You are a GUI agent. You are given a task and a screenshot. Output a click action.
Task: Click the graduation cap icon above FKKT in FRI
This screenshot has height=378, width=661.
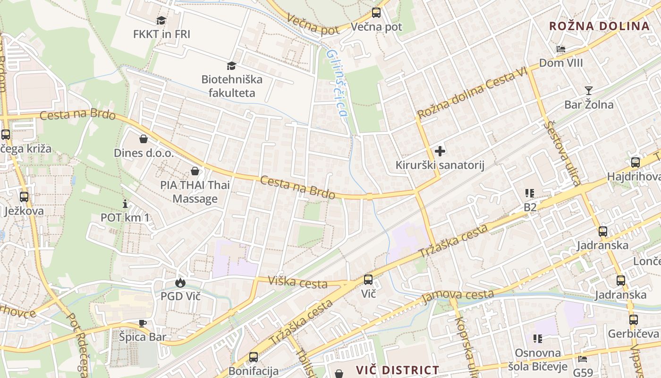pyautogui.click(x=161, y=20)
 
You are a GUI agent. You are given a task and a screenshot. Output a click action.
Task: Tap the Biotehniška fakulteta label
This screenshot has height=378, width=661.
pyautogui.click(x=232, y=86)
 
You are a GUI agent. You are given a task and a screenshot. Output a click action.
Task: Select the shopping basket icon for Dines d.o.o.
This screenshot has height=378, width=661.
pyautogui.click(x=144, y=139)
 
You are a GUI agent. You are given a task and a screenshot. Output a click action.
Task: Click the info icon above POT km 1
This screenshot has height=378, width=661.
pyautogui.click(x=125, y=204)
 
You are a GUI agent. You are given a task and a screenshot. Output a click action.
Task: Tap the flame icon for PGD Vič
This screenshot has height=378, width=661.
pyautogui.click(x=180, y=283)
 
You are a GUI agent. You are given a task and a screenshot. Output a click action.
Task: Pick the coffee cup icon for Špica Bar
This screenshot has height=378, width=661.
pyautogui.click(x=143, y=323)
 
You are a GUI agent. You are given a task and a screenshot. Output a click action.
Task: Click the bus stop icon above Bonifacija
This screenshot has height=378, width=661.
pyautogui.click(x=254, y=357)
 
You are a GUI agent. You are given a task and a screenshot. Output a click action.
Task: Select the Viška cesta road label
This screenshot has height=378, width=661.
pyautogui.click(x=297, y=282)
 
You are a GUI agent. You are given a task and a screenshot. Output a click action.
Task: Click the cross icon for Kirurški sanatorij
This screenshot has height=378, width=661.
pyautogui.click(x=440, y=151)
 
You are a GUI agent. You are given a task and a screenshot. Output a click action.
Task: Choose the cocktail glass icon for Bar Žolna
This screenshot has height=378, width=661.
pyautogui.click(x=589, y=90)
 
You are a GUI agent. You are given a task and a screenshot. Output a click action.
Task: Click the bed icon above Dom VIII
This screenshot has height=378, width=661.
pyautogui.click(x=561, y=49)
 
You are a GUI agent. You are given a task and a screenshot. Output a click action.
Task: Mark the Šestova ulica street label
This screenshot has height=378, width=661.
pyautogui.click(x=563, y=152)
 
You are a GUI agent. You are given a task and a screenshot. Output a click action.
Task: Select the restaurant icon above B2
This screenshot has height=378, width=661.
pyautogui.click(x=530, y=193)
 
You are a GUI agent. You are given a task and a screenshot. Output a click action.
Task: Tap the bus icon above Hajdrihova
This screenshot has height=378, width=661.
pyautogui.click(x=636, y=163)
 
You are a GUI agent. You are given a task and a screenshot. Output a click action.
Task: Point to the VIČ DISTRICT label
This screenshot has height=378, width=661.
pyautogui.click(x=398, y=370)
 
